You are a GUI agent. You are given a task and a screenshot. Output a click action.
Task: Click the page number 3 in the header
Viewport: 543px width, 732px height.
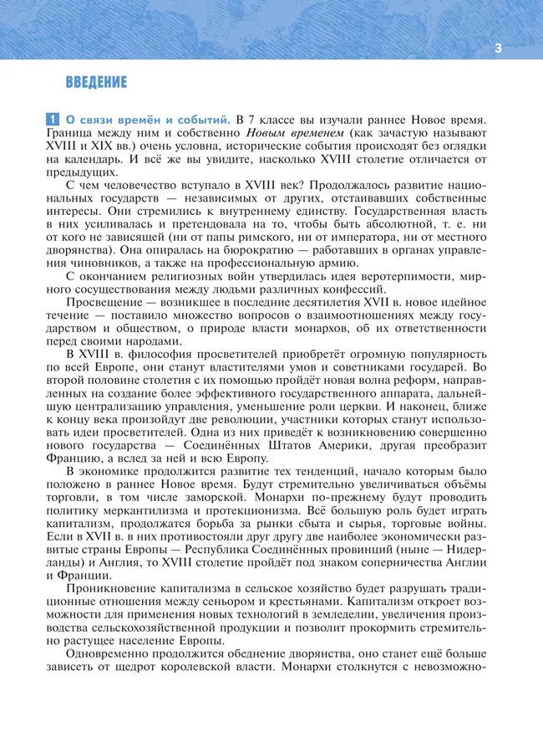tap(498, 48)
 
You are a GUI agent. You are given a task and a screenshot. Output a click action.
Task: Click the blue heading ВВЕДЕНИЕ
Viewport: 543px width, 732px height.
tap(96, 82)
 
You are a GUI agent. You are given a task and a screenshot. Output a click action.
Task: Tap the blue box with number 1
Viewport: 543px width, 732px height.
tap(52, 120)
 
